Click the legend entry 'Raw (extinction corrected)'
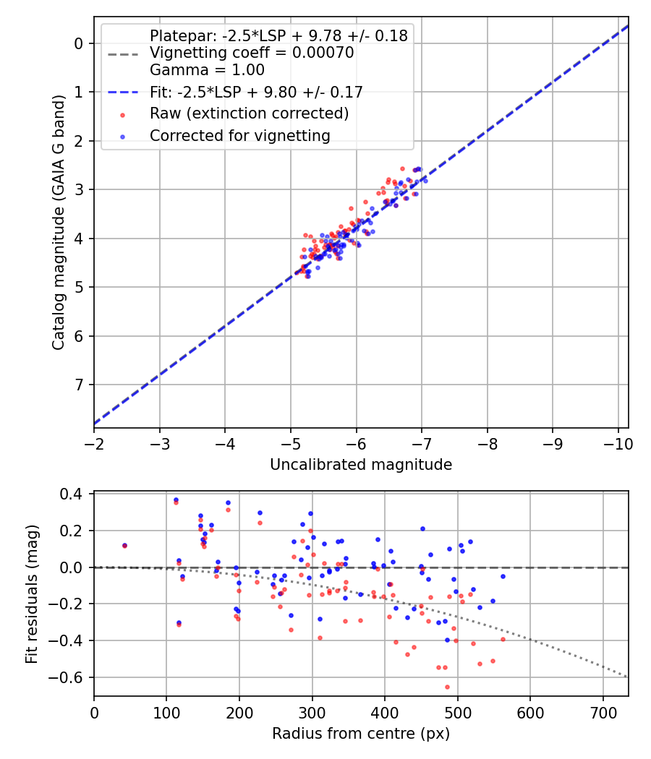250,113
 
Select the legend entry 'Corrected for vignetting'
240,135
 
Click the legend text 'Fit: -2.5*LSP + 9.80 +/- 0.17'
256,92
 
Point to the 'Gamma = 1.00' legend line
207,70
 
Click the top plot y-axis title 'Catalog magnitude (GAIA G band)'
59,223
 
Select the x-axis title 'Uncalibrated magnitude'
361,465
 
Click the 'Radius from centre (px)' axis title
361,734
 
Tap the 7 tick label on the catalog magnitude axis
80,385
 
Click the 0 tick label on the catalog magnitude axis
80,43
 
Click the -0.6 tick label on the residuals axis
71,677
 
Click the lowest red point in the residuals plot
447,687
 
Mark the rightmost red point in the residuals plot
503,639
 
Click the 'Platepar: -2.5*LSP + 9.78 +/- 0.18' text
278,35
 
